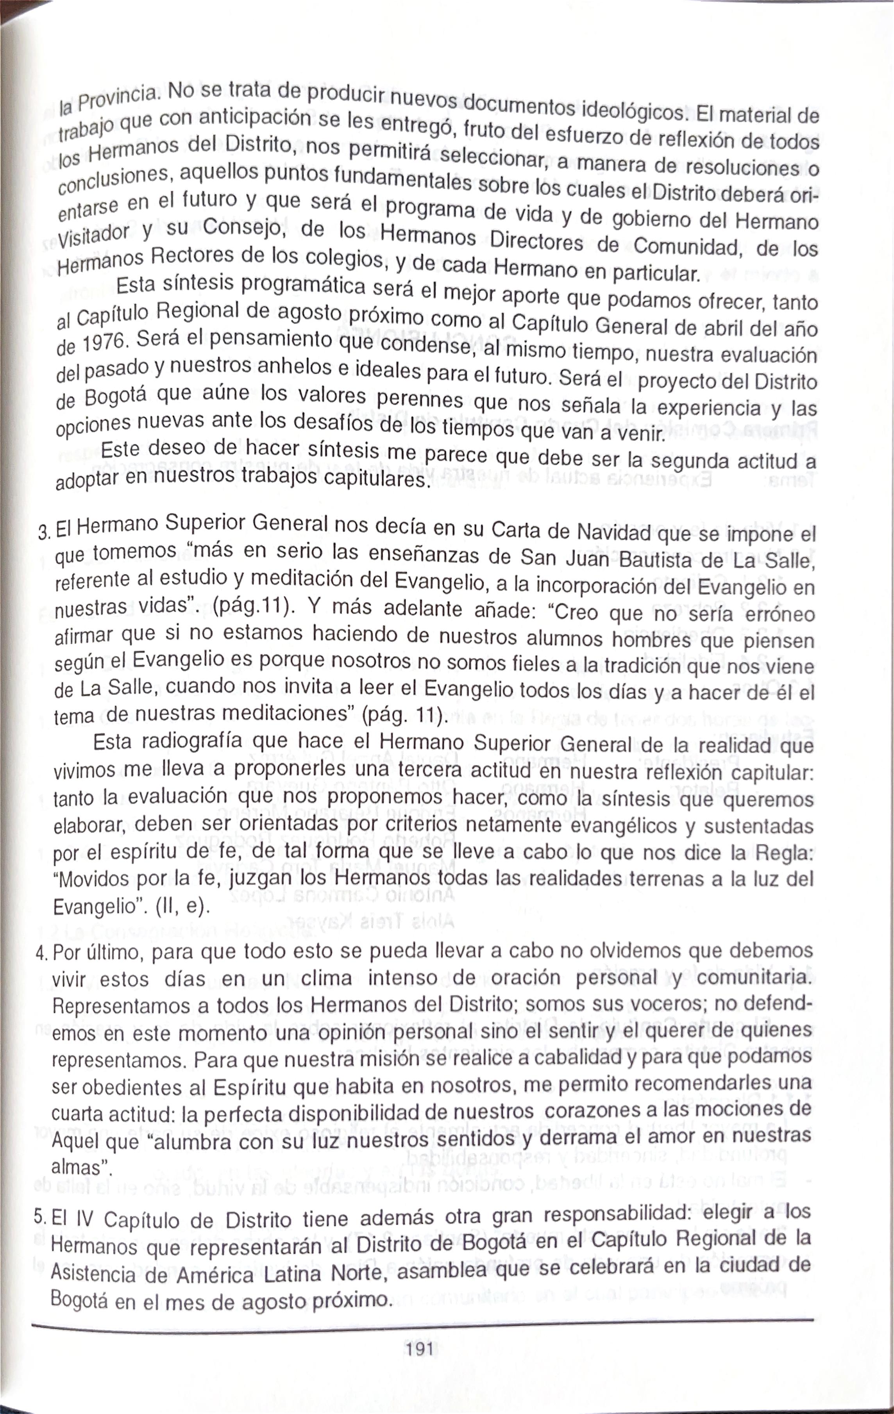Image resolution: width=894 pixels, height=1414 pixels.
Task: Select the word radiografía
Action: [197, 742]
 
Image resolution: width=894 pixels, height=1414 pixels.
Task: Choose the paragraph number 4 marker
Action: [41, 953]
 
